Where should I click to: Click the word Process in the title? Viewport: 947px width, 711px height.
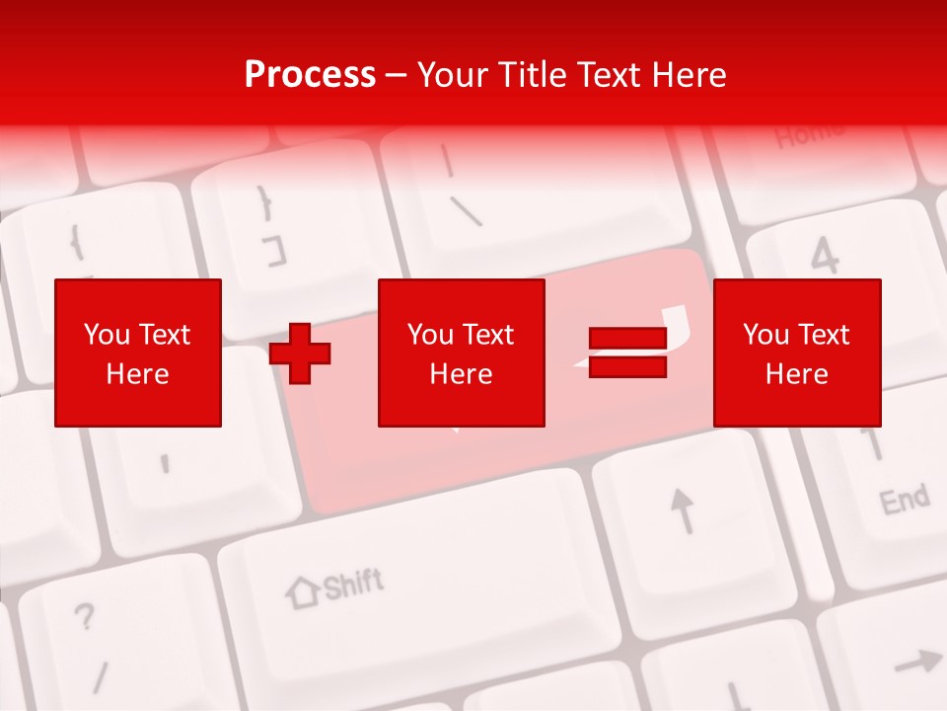coord(310,75)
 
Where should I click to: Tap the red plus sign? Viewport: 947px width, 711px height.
coord(300,353)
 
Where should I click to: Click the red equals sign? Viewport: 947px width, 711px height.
coord(627,353)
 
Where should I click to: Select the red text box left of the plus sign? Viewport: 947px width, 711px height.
coord(138,353)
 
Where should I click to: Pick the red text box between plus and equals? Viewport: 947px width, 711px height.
coord(461,353)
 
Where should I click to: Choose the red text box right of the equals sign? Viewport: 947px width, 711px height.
coord(796,353)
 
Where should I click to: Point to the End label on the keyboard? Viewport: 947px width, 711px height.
coord(904,500)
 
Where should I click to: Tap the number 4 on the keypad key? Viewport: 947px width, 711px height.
coord(825,257)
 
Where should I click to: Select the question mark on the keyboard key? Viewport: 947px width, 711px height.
coord(85,617)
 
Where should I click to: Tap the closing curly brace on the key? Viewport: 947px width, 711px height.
coord(264,203)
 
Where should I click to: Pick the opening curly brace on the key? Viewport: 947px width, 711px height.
coord(75,242)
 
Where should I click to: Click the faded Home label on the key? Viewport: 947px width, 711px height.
coord(809,134)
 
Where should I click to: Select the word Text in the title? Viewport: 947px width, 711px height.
coord(609,75)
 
